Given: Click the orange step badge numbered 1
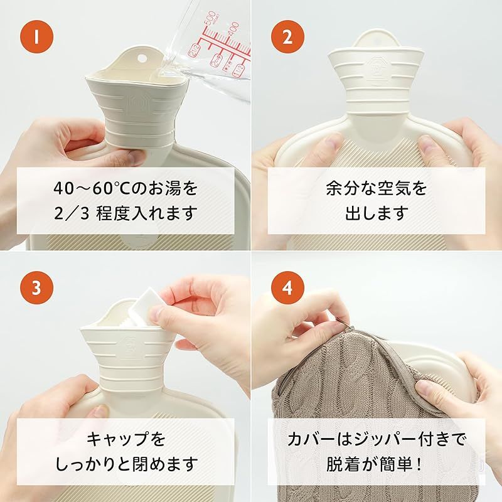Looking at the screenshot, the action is (x=36, y=36).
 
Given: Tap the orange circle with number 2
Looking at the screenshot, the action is (x=287, y=36).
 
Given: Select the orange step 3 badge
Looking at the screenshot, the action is (x=36, y=287).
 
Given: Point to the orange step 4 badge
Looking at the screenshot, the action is (x=287, y=287).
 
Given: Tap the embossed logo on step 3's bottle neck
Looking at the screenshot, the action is (x=130, y=345).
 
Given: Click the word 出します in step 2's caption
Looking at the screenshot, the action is (x=376, y=213).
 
